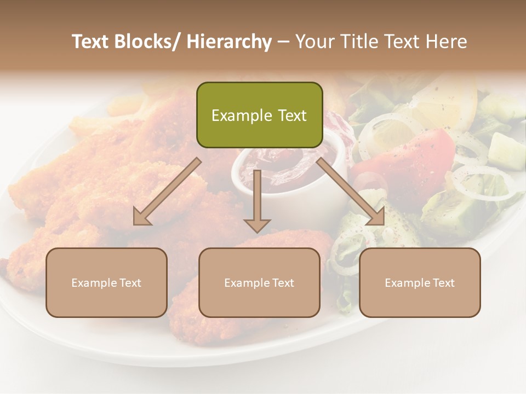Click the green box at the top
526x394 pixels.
coord(259,115)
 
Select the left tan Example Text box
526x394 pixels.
coord(106,282)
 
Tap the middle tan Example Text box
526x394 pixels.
coord(259,282)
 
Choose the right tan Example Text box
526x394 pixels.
coord(420,282)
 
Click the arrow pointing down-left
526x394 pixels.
coord(167,192)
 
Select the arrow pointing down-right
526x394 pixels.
coord(351,191)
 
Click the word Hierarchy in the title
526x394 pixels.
coord(229,42)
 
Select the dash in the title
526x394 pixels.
coord(283,42)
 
